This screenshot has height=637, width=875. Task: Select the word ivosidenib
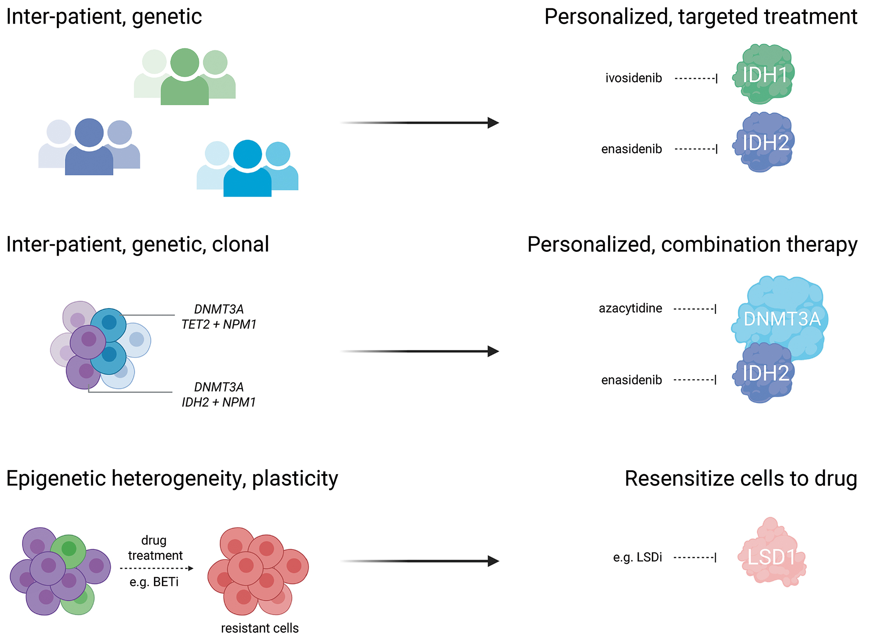coord(633,78)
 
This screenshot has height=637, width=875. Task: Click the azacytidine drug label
coord(630,309)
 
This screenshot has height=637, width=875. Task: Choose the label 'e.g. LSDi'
coord(637,557)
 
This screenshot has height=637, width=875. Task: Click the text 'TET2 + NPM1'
coord(219,324)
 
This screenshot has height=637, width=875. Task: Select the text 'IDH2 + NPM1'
coord(219,402)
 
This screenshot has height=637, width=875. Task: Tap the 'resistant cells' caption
coord(259,628)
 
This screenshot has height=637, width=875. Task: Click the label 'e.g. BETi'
coord(154,582)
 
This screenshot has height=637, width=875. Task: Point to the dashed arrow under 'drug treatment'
coord(156,568)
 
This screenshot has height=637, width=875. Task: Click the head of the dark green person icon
coord(185,63)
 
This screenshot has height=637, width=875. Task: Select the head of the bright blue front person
coord(247,154)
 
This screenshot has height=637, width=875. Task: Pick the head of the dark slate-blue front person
coord(89,133)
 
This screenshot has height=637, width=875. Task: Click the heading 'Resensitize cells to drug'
coord(741,479)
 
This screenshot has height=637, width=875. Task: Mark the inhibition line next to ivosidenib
coord(696,79)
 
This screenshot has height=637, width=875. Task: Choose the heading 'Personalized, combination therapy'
coord(692,244)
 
